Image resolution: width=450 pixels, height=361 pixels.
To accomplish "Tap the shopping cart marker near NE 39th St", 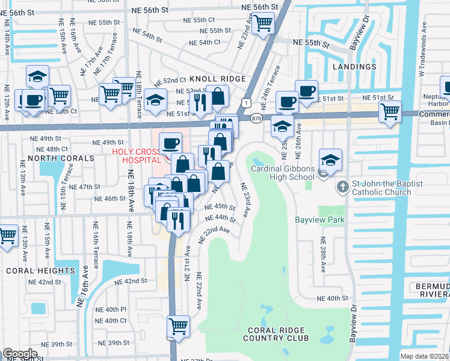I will tap(179, 326).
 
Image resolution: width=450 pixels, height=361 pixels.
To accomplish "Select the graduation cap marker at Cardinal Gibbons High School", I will tap(330, 161).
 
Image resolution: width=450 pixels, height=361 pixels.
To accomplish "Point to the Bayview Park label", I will tap(319, 220).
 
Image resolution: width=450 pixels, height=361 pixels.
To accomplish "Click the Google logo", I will tap(20, 354).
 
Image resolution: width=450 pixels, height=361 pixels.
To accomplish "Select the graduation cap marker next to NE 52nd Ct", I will tap(155, 100).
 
